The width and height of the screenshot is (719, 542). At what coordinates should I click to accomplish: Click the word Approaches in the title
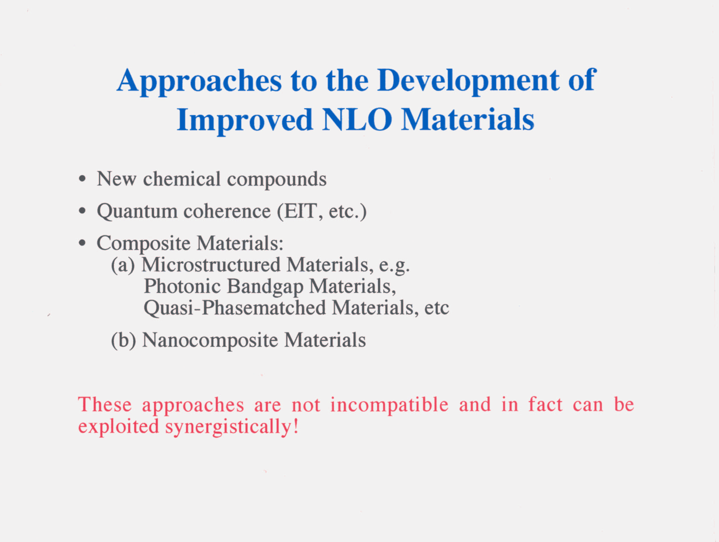pyautogui.click(x=199, y=81)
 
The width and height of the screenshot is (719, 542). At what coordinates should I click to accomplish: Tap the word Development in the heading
pyautogui.click(x=468, y=81)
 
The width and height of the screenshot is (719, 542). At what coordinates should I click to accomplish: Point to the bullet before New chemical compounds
pyautogui.click(x=83, y=179)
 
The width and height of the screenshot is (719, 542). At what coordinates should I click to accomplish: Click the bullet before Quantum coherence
pyautogui.click(x=83, y=211)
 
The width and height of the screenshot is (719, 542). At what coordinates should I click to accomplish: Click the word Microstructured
pyautogui.click(x=211, y=265)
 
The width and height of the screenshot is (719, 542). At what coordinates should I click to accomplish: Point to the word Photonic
pyautogui.click(x=182, y=287)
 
